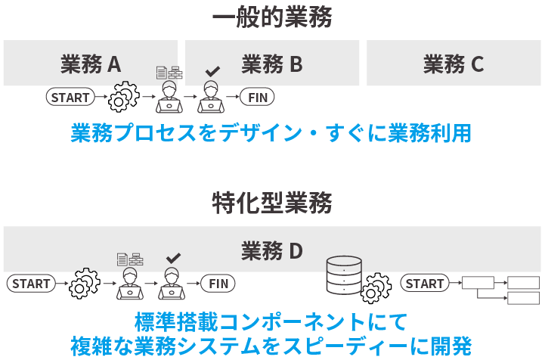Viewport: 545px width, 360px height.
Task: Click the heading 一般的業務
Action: point(272,17)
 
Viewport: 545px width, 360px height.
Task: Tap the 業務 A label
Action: point(91,64)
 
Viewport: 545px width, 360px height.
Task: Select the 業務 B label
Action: point(272,64)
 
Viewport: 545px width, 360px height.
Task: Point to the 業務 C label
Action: point(454,64)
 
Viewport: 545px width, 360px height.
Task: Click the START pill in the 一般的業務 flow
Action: point(70,97)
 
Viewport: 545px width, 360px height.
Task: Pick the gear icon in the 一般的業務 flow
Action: point(124,97)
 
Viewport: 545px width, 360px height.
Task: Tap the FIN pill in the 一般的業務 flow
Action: point(258,97)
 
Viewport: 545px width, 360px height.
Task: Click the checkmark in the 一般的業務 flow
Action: point(213,71)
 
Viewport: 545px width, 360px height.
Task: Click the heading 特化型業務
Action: point(272,203)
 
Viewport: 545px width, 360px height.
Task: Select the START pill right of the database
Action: point(425,284)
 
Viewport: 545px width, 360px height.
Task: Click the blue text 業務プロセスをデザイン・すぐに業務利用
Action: point(272,134)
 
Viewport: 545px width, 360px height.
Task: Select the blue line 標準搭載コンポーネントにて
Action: point(272,320)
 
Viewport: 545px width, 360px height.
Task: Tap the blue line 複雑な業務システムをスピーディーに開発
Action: point(272,345)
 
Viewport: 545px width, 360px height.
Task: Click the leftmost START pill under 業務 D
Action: point(31,284)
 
